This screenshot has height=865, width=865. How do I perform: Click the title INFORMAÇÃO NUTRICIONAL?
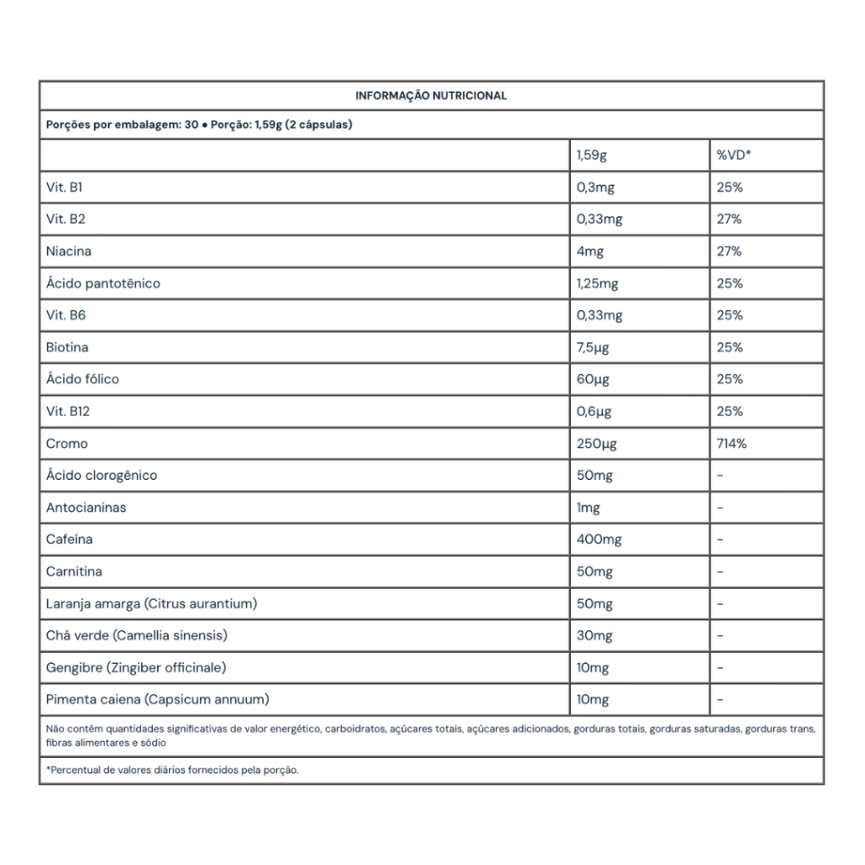pos(431,96)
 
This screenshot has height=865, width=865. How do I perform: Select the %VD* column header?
pos(734,155)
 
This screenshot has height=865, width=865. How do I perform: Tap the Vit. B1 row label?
pos(63,188)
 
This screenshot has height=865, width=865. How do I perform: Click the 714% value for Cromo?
pos(731,443)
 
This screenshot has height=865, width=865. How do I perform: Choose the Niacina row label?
pos(68,252)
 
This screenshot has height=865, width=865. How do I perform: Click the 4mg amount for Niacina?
pos(590,252)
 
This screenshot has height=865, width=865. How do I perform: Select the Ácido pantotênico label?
pos(103,284)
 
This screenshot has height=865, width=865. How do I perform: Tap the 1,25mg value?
pos(597,284)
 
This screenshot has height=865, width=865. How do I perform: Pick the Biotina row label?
pos(67,347)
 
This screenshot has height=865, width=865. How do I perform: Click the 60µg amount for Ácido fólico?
pos(594,379)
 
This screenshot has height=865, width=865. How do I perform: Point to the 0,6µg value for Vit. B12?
pos(594,411)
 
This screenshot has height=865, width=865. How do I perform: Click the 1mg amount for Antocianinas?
pos(588,508)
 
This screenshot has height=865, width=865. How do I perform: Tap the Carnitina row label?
pos(74,572)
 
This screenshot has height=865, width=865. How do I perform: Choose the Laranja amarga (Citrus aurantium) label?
pos(151,604)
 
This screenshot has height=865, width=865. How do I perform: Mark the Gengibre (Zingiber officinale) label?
pos(136,667)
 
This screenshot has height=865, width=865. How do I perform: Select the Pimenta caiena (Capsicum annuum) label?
pos(158,699)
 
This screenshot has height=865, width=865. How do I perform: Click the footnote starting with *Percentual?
pos(172,770)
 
